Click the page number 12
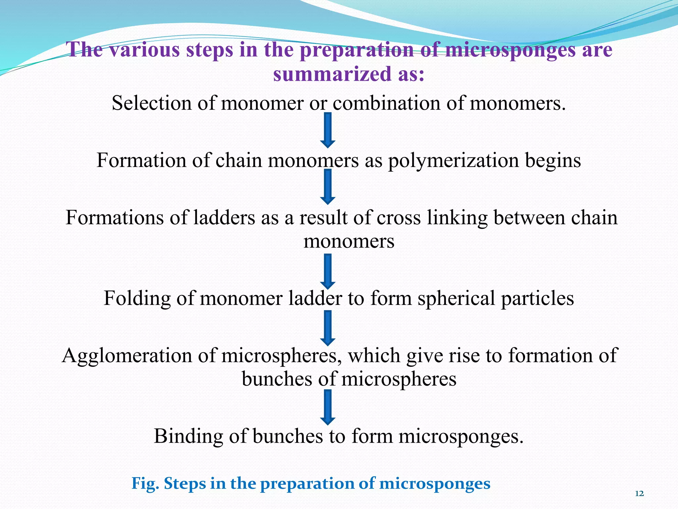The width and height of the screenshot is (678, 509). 640,494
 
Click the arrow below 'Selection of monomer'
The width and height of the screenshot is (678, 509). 328,130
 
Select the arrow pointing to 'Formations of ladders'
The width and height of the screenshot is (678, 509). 328,187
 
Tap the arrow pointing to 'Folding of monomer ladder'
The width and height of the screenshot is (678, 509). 328,271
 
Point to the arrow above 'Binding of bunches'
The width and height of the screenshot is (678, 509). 328,407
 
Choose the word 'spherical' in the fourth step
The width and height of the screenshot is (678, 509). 456,298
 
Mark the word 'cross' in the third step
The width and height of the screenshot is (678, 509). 399,218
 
